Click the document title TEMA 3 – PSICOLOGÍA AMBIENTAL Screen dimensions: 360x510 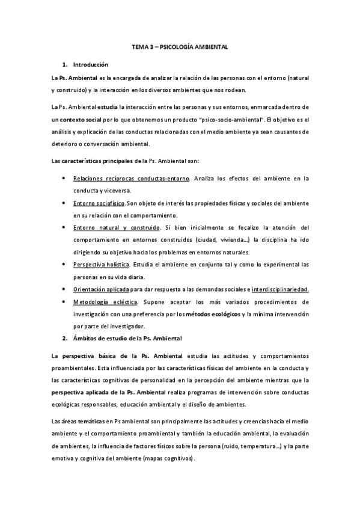(180, 46)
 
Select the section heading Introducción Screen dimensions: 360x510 (90, 64)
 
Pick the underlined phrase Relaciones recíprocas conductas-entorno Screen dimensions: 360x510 (132, 179)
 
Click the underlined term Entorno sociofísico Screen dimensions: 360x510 (100, 203)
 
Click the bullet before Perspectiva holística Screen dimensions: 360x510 (64, 265)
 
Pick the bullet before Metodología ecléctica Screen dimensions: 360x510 (64, 302)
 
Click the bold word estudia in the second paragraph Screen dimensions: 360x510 (97, 108)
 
